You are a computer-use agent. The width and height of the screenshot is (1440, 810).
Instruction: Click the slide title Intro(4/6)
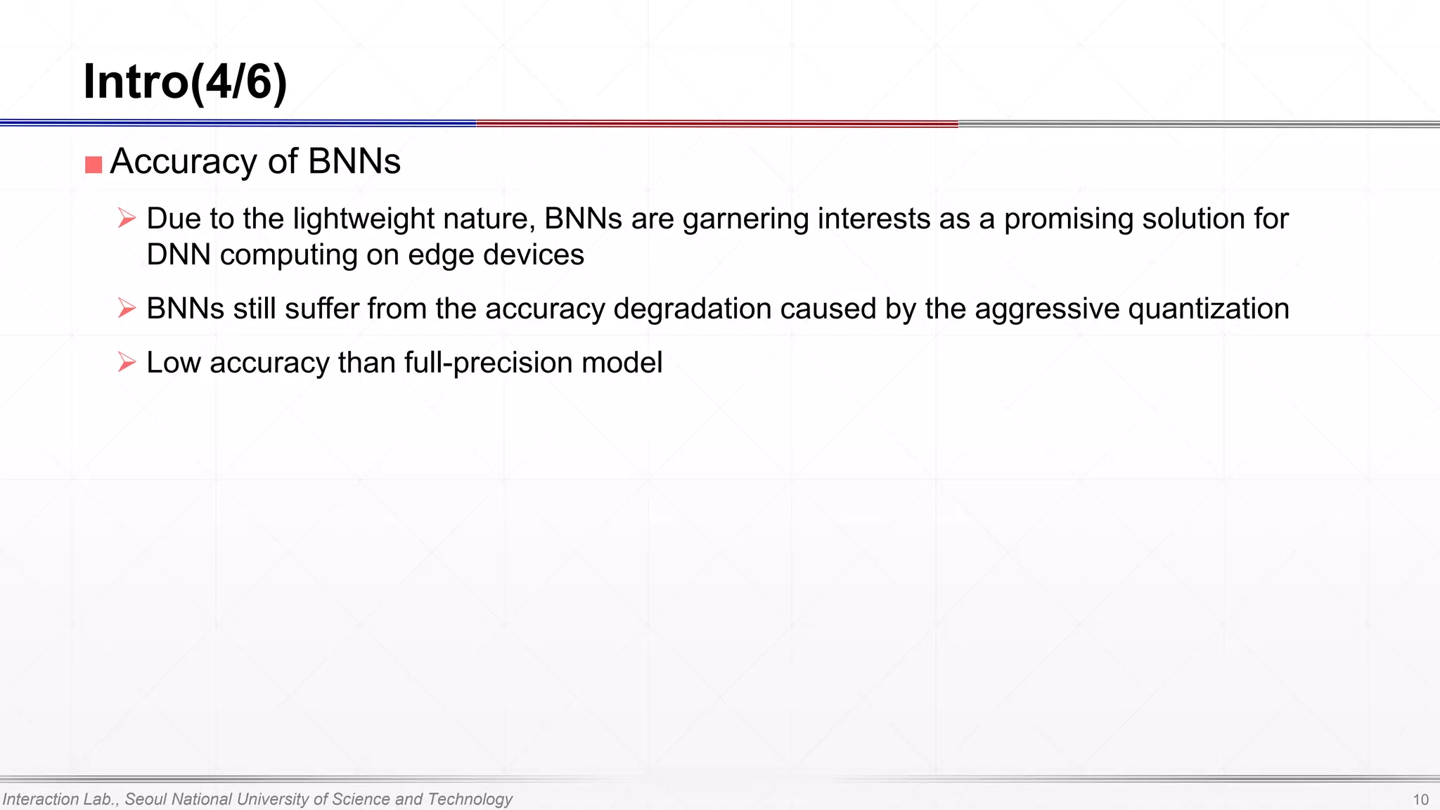pyautogui.click(x=185, y=82)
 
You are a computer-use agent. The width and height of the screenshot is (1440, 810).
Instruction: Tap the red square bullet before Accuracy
pyautogui.click(x=94, y=165)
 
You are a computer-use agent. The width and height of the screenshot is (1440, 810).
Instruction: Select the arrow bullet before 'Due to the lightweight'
pyautogui.click(x=127, y=218)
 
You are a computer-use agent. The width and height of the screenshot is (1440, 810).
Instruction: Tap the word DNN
pyautogui.click(x=179, y=255)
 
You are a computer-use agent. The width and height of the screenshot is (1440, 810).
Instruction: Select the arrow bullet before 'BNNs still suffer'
pyautogui.click(x=127, y=308)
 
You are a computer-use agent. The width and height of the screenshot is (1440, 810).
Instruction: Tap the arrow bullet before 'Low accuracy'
pyautogui.click(x=127, y=362)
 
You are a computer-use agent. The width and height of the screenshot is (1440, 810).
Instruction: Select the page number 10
pyautogui.click(x=1420, y=799)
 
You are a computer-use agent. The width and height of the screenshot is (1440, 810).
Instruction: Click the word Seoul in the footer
pyautogui.click(x=146, y=799)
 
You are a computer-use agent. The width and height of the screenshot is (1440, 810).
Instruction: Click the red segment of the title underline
pyautogui.click(x=717, y=124)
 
